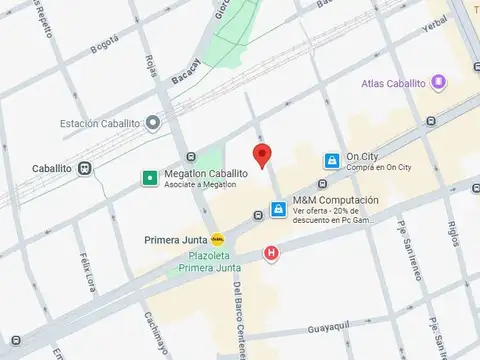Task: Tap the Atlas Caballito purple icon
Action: pyautogui.click(x=438, y=83)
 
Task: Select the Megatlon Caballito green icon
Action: pyautogui.click(x=149, y=178)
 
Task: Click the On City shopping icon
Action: pyautogui.click(x=330, y=160)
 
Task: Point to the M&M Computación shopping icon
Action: pyautogui.click(x=278, y=210)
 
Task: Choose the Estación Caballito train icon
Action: pyautogui.click(x=152, y=123)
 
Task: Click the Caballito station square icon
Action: pyautogui.click(x=86, y=169)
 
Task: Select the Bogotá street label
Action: pyautogui.click(x=104, y=45)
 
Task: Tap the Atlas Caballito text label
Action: pyautogui.click(x=394, y=83)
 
